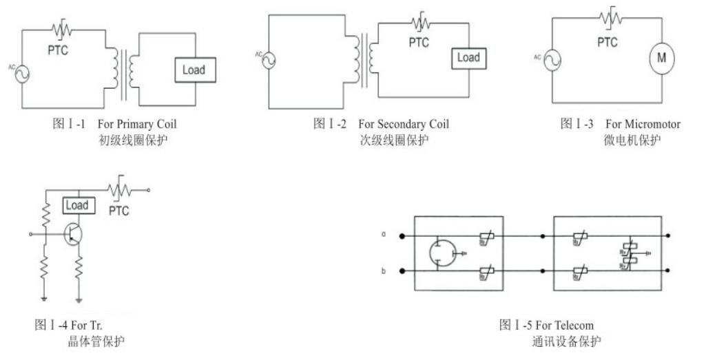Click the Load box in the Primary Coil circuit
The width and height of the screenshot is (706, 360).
pyautogui.click(x=194, y=70)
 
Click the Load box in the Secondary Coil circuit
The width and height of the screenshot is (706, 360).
pyautogui.click(x=468, y=58)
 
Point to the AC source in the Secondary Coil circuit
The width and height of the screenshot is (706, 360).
pyautogui.click(x=268, y=60)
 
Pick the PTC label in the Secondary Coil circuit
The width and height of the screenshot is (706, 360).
pyautogui.click(x=418, y=43)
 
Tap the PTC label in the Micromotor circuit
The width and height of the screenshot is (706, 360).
pyautogui.click(x=607, y=42)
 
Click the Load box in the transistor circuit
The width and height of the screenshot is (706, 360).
pyautogui.click(x=76, y=205)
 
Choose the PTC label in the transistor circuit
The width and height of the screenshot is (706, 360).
pyautogui.click(x=119, y=211)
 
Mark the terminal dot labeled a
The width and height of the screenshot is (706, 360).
pyautogui.click(x=402, y=235)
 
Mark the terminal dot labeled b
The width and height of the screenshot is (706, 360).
pyautogui.click(x=402, y=271)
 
